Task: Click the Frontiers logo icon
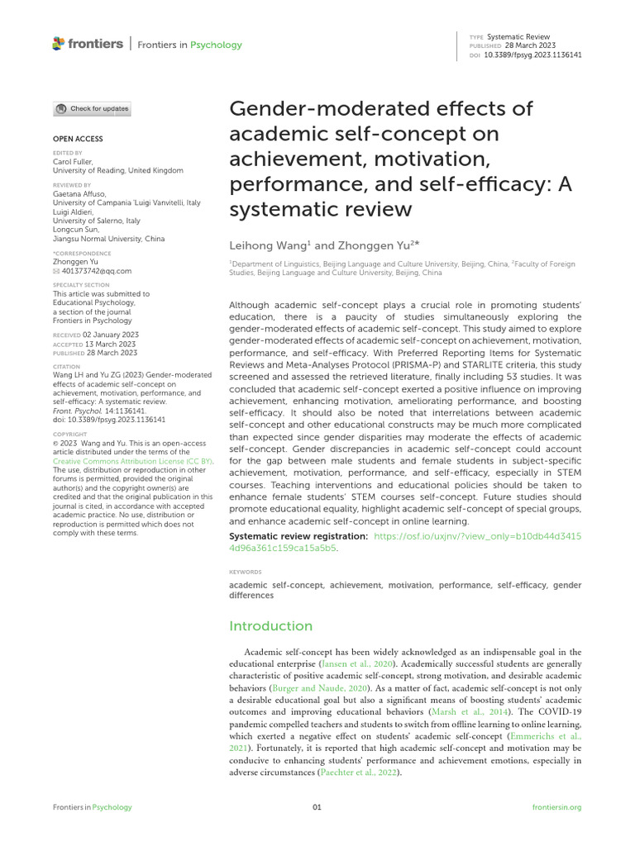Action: pos(58,44)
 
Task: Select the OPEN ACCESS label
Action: pos(78,139)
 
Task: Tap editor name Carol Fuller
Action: pos(73,162)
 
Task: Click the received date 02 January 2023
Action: pos(111,334)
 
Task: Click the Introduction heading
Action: pos(270,625)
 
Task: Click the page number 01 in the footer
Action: pos(317,807)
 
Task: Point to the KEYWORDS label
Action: pos(245,571)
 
